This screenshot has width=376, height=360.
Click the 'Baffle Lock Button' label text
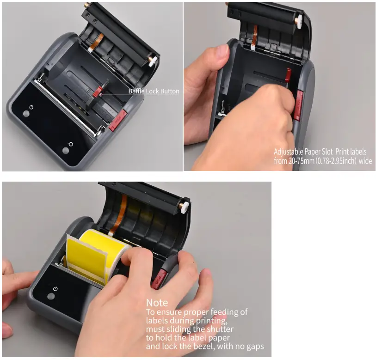click(154, 92)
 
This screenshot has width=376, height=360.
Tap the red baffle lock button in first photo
click(97, 93)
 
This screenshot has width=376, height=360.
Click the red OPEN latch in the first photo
click(118, 118)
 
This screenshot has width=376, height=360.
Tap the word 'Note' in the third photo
click(157, 303)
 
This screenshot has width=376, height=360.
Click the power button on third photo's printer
click(55, 289)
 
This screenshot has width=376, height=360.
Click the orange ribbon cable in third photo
click(124, 207)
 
